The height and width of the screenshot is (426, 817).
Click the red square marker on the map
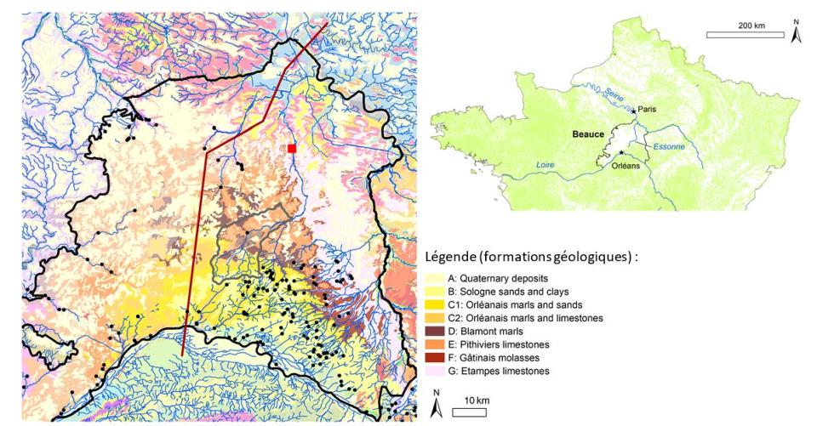(x=292, y=148)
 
